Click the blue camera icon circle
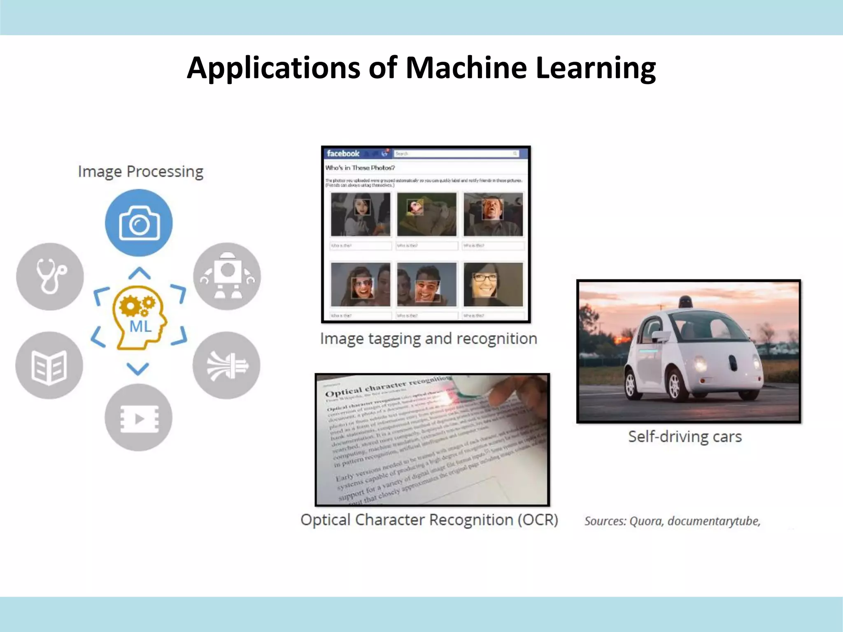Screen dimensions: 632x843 (139, 223)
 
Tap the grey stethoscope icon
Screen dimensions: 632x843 (50, 276)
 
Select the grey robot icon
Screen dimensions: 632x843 (227, 276)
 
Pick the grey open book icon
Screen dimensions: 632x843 (49, 365)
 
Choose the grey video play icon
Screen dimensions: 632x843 (138, 418)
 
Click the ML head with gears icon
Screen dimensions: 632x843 (139, 317)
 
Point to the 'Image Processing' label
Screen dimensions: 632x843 (140, 172)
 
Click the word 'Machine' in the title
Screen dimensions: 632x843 (466, 67)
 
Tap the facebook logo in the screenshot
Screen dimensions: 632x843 (343, 153)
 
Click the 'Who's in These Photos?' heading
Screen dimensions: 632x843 (360, 168)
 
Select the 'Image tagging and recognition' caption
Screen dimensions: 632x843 (428, 339)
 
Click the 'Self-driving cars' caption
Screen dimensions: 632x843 (685, 437)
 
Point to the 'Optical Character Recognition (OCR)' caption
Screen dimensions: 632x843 (429, 520)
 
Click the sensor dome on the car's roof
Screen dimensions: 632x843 (685, 301)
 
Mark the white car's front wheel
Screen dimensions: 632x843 (674, 385)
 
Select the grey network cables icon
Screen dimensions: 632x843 (226, 365)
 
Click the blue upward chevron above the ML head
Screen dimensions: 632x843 (139, 273)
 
